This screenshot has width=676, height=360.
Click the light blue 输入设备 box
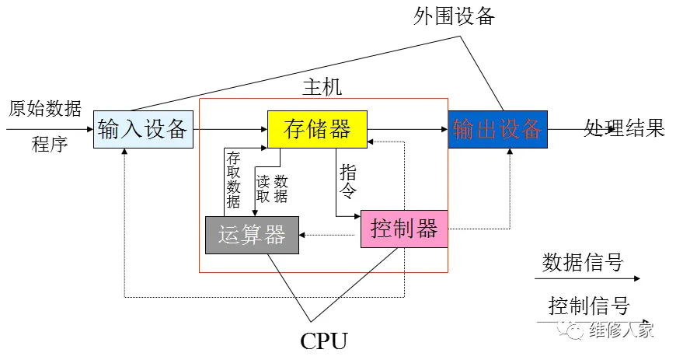pos(142,129)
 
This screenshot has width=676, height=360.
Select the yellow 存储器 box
pos(317,129)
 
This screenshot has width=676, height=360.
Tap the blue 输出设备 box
pos(497,129)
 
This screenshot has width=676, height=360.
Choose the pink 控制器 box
pos(404,229)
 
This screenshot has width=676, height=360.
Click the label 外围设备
pos(454,16)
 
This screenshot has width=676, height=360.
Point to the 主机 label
pos(322,87)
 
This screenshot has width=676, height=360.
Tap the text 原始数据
pos(45,108)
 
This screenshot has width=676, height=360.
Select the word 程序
pos(50,144)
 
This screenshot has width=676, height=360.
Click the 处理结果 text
pos(625,128)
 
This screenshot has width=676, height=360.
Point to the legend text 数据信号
pos(583,262)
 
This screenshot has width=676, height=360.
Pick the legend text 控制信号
pos(588,306)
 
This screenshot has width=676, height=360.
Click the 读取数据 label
pos(271,188)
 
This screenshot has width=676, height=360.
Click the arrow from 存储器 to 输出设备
pos(407,129)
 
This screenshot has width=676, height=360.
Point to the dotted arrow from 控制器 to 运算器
pos(330,235)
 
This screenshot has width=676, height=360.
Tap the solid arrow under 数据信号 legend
pos(591,278)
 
